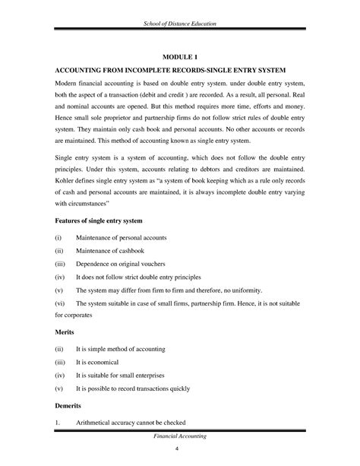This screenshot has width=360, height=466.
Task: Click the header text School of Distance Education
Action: click(179, 27)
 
